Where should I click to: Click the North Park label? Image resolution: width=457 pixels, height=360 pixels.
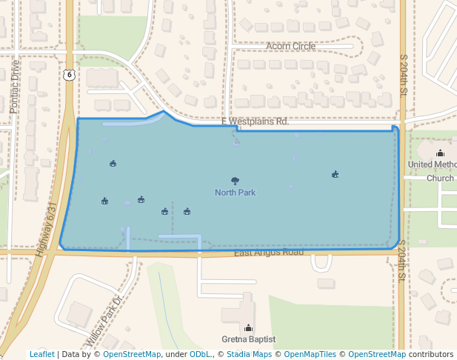point(235,193)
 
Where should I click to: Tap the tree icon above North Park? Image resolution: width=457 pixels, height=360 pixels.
point(235,181)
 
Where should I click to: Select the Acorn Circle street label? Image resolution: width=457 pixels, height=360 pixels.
point(290,46)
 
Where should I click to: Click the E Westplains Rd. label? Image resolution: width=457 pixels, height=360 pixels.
point(254,121)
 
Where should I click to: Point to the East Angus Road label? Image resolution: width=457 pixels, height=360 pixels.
point(269,253)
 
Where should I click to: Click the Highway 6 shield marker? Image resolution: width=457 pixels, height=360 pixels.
point(69,74)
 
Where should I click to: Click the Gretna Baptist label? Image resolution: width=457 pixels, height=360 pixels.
point(248,339)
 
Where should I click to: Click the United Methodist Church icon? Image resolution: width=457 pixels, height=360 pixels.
point(440,153)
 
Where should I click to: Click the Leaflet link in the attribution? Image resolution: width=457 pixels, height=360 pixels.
point(42,355)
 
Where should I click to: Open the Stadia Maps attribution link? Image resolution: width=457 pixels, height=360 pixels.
point(249,355)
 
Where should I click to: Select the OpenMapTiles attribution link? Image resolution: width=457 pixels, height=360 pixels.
point(310,355)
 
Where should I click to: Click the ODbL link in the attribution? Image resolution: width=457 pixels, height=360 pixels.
point(200,355)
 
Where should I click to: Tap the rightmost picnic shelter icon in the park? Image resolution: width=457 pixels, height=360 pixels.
point(336,175)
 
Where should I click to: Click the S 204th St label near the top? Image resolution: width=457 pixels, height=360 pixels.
point(404,74)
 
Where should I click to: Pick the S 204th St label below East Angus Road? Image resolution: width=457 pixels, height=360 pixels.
point(402,260)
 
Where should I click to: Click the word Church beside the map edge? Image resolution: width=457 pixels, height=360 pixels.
point(440,179)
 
